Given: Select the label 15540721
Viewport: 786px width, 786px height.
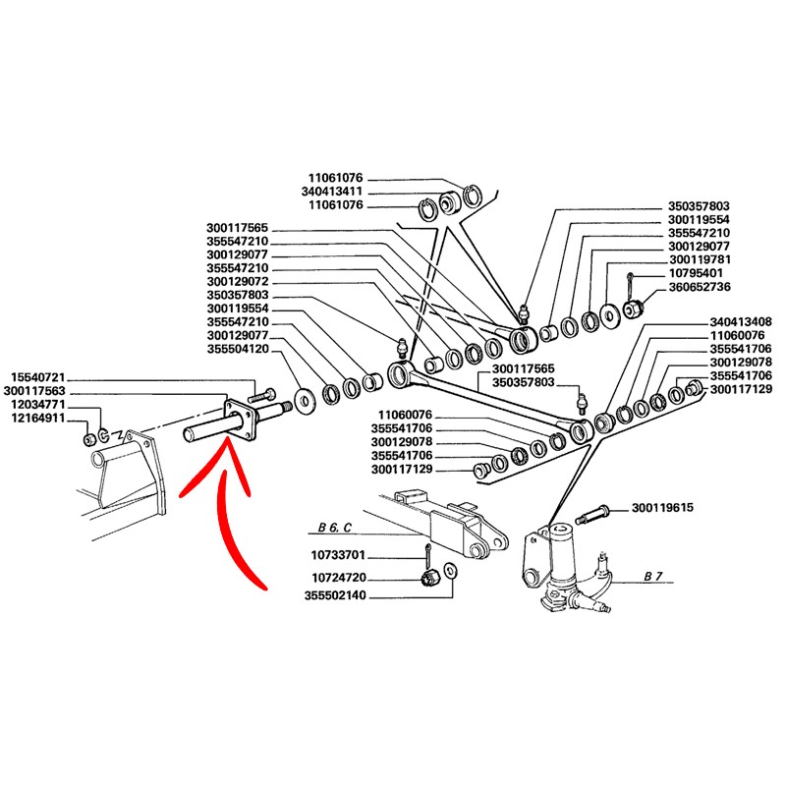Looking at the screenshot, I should (x=37, y=377).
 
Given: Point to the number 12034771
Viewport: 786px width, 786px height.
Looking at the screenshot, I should (x=37, y=405).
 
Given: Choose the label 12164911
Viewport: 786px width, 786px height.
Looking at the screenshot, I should (x=37, y=419).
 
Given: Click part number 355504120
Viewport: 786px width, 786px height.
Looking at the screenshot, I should (x=238, y=350).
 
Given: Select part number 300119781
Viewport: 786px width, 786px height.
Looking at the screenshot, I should (x=700, y=259).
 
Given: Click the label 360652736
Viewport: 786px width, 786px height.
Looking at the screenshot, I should (x=700, y=287).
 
